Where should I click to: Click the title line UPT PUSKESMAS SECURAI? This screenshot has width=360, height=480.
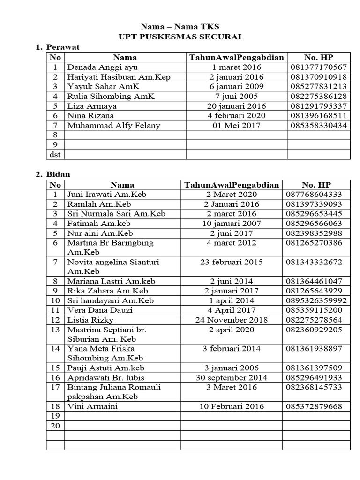click(180, 37)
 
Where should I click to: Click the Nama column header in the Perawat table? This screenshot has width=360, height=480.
click(125, 58)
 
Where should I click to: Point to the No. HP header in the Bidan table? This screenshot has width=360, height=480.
click(317, 185)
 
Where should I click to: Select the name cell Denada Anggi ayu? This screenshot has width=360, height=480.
click(97, 67)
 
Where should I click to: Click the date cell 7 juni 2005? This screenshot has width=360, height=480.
click(236, 96)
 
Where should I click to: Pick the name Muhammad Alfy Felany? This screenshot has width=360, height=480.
click(114, 125)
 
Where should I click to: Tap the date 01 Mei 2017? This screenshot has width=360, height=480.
click(236, 125)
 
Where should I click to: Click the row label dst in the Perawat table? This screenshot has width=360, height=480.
click(55, 154)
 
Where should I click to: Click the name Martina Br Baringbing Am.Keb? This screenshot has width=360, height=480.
click(110, 247)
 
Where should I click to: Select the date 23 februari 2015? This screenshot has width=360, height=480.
click(232, 262)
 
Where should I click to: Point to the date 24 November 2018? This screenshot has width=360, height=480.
click(232, 320)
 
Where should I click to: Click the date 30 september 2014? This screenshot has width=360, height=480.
click(232, 377)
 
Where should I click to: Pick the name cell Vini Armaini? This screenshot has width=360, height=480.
click(91, 406)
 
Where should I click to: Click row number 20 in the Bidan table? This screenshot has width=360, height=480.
click(55, 426)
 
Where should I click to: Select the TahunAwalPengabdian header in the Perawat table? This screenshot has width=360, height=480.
click(236, 58)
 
